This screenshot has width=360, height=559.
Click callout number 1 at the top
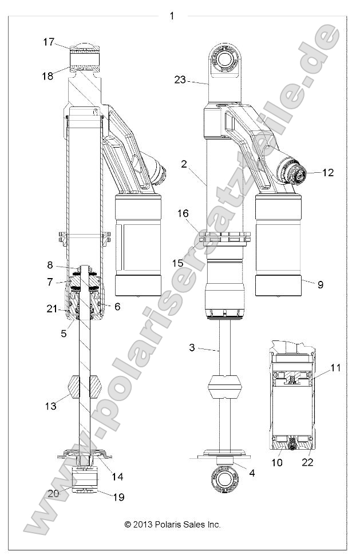pos(172,16)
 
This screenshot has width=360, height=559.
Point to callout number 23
pos(180,80)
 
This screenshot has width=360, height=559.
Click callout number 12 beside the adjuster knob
pos(328,172)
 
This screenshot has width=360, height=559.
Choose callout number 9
pos(320,284)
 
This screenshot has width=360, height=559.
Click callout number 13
pos(51,406)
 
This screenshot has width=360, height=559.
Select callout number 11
pos(335,368)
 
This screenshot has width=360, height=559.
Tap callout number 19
pos(118,497)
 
